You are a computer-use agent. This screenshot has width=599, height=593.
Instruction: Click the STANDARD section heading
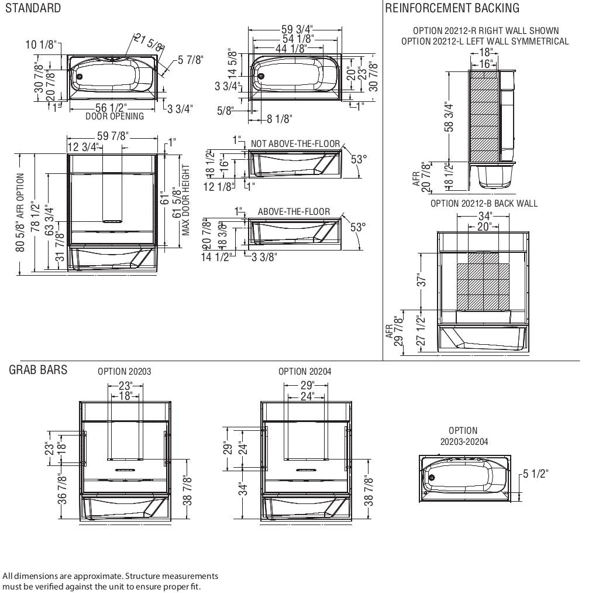[x=33, y=8]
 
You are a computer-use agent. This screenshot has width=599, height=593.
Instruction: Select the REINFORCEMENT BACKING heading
[x=452, y=8]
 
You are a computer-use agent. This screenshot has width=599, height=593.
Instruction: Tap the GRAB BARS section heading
[x=38, y=370]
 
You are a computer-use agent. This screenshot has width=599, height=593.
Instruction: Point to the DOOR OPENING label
[x=115, y=116]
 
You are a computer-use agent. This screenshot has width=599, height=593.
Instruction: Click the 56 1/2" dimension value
[x=111, y=108]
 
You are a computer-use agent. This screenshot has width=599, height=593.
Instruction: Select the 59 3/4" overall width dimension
[x=297, y=29]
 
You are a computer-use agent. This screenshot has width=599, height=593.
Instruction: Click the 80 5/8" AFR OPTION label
[x=20, y=212]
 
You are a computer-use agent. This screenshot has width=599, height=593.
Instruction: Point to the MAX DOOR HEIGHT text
[x=187, y=200]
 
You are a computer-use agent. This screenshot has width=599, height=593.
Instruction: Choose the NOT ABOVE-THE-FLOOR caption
[x=295, y=143]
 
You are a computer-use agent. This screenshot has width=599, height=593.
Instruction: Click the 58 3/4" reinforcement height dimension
[x=449, y=117]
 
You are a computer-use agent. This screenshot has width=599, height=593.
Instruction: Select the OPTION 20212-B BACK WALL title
[x=484, y=204]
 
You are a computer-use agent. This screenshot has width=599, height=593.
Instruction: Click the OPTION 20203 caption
[x=124, y=371]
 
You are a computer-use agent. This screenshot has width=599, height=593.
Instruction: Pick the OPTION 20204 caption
[x=305, y=371]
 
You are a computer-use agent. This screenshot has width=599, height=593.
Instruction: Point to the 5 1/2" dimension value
[x=535, y=474]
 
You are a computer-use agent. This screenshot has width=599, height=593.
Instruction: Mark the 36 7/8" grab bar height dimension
[x=63, y=489]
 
